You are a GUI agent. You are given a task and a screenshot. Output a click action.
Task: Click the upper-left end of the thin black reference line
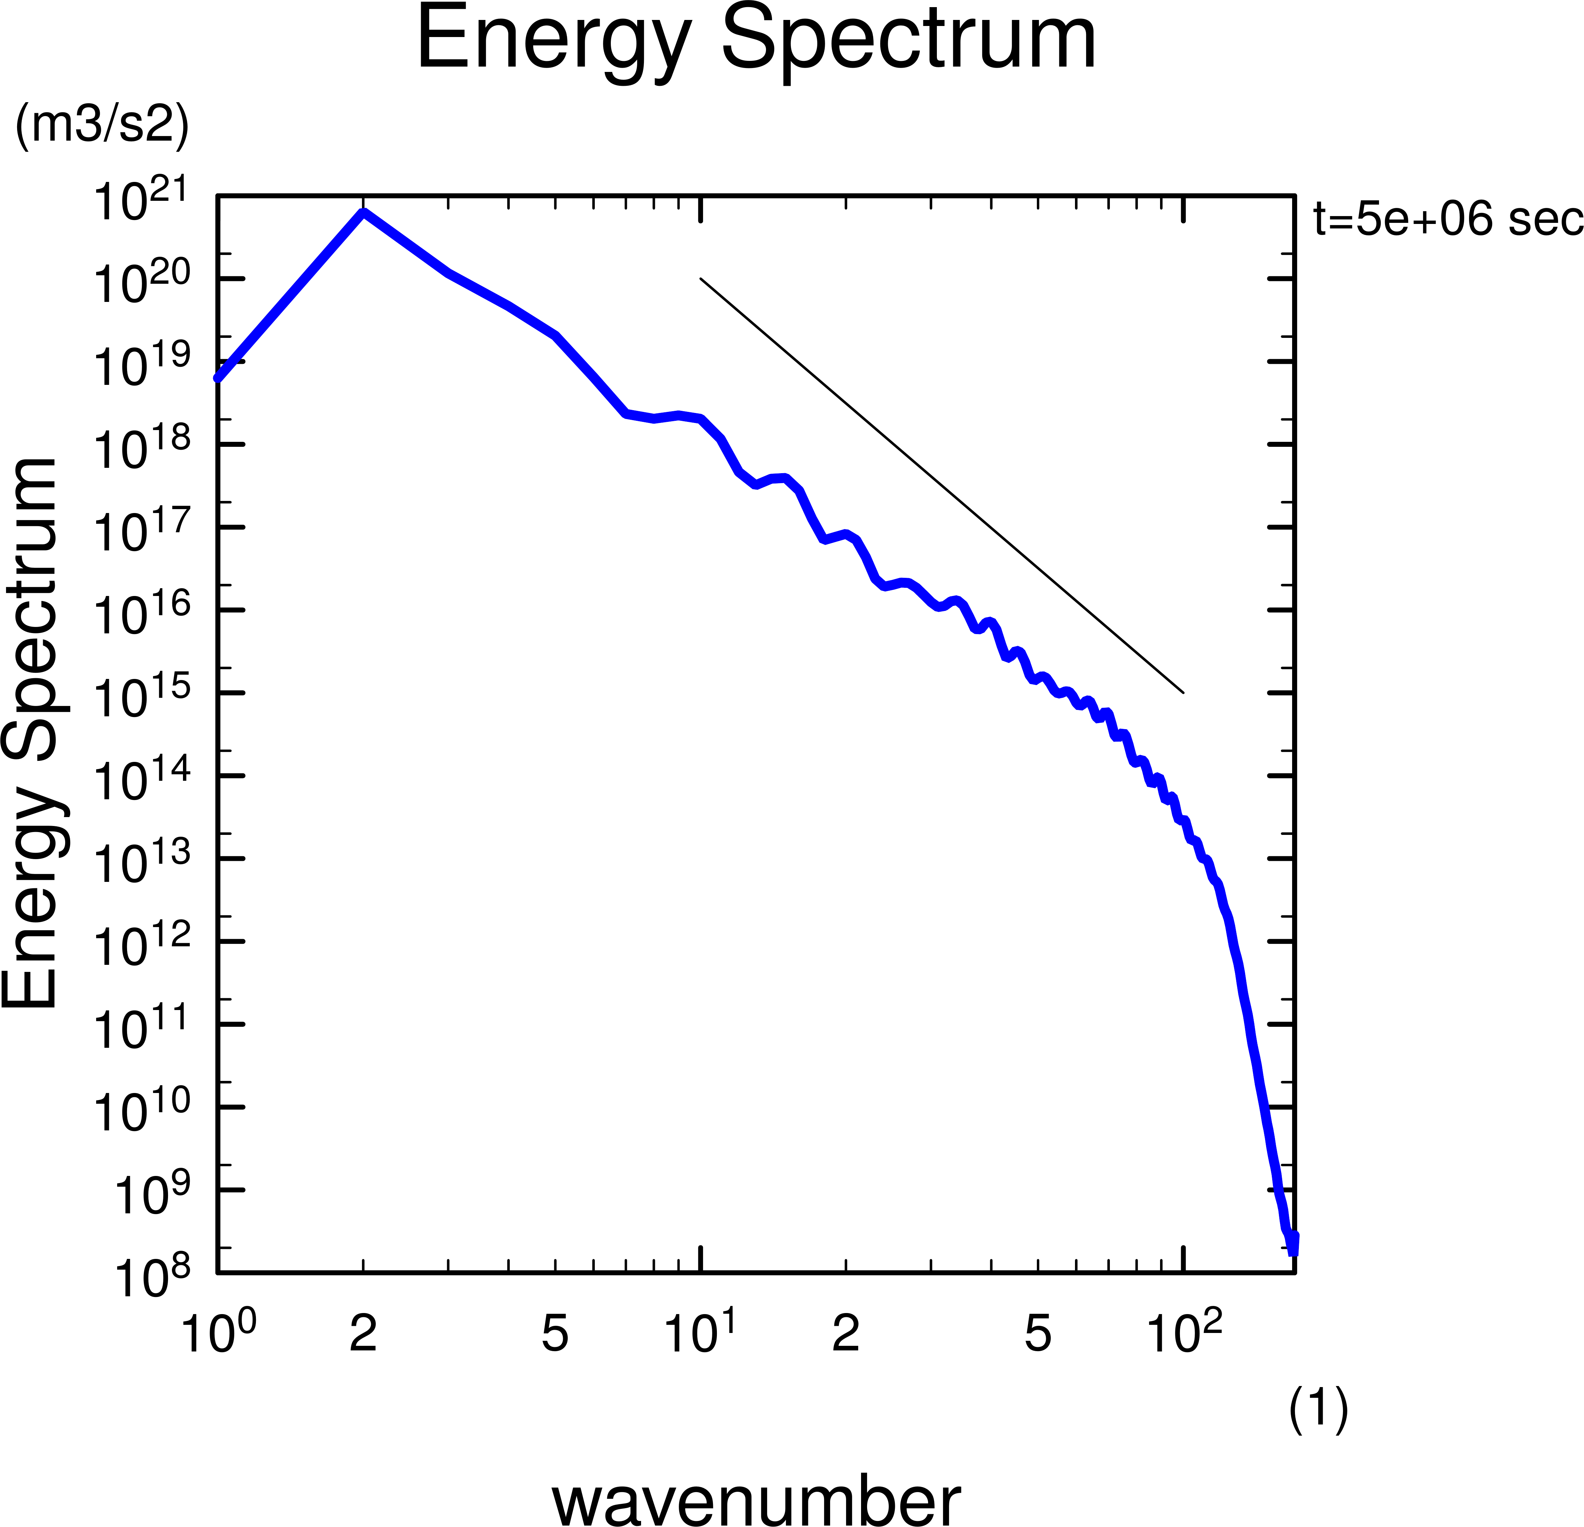point(701,279)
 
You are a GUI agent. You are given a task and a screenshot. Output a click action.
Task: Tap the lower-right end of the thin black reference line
point(1183,693)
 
